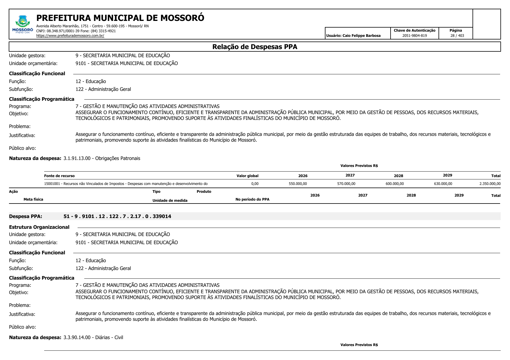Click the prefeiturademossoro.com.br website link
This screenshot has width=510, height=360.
click(70, 36)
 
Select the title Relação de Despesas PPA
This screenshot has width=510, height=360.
click(255, 47)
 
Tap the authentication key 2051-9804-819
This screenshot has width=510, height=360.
click(414, 36)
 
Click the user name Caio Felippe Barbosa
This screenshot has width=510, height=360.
click(362, 36)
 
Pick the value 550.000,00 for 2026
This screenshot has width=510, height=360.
click(298, 184)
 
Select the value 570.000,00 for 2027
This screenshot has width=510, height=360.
click(346, 184)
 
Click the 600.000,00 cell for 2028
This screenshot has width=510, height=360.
click(394, 184)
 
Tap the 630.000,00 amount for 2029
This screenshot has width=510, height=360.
click(443, 184)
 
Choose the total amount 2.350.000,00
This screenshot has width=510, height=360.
click(490, 184)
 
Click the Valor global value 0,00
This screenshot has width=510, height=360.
click(255, 184)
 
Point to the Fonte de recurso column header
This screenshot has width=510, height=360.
click(59, 176)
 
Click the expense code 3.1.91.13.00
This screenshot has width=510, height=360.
click(77, 159)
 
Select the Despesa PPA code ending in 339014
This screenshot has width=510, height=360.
click(117, 217)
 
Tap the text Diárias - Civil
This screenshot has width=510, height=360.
click(109, 338)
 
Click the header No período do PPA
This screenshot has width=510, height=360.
click(252, 199)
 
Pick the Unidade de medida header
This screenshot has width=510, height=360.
click(170, 201)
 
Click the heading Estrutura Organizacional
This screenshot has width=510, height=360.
click(39, 227)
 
